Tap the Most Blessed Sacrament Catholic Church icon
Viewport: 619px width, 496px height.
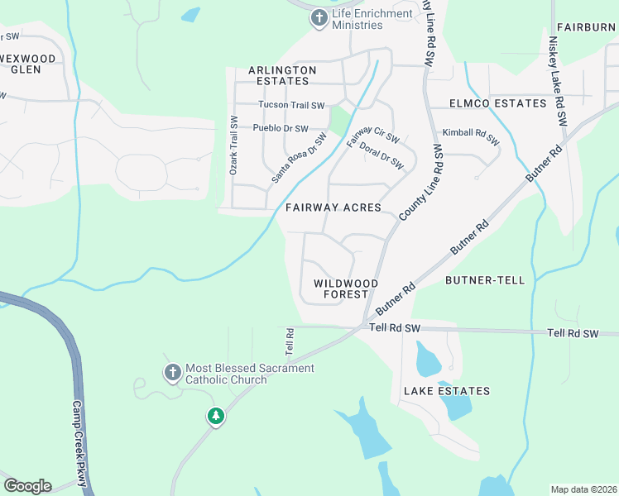tap(172, 374)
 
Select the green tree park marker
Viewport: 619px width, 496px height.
tap(216, 415)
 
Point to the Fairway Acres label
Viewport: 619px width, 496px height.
tap(333, 208)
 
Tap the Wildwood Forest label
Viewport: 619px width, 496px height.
tap(346, 289)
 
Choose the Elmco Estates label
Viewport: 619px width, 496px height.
tap(498, 103)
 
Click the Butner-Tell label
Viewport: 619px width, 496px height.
tap(485, 280)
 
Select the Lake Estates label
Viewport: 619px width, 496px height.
tap(447, 391)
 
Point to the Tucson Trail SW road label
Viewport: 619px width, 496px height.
tap(291, 105)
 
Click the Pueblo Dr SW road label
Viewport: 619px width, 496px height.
tap(281, 129)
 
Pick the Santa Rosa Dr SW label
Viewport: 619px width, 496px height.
tap(295, 158)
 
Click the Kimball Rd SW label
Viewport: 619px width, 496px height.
tap(471, 138)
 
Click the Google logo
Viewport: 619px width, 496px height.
tap(27, 486)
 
